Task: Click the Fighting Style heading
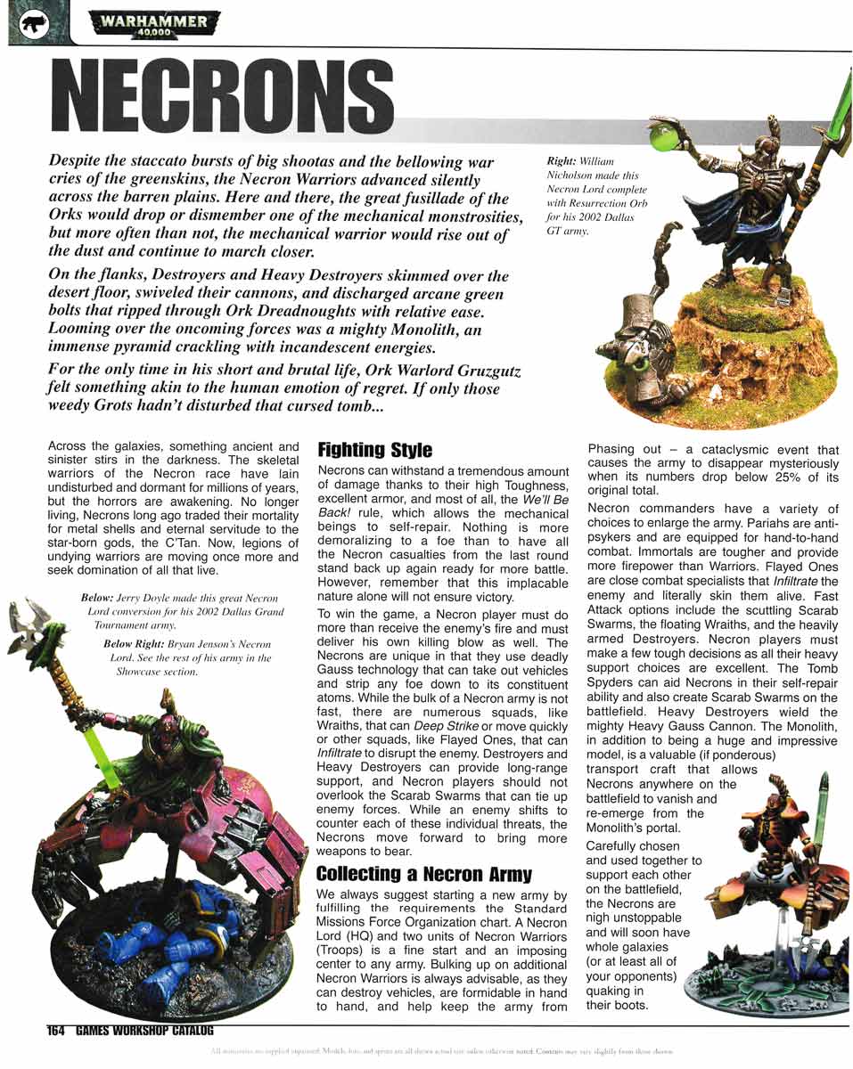pyautogui.click(x=374, y=449)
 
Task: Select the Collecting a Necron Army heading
pyautogui.click(x=423, y=873)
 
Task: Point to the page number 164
pyautogui.click(x=56, y=1031)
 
